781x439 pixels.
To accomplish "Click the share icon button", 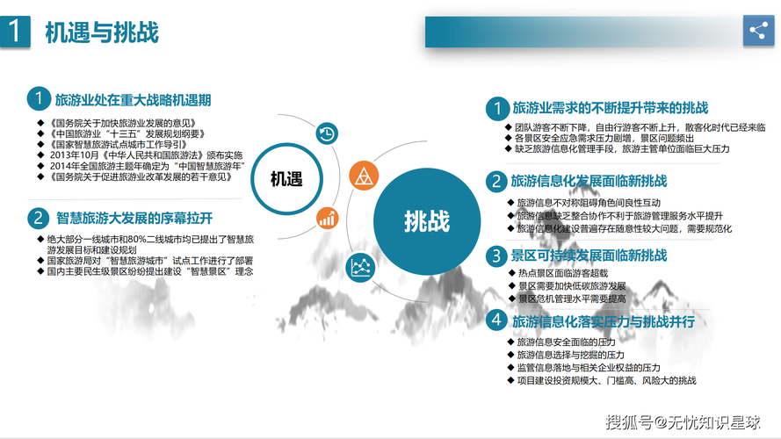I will coord(757,31).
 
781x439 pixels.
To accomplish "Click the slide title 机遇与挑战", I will coord(102,32).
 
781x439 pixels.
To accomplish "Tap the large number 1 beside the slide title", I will coord(15,32).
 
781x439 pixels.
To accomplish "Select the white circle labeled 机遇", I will coord(286,180).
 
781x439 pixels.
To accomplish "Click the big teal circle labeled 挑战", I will coord(427,220).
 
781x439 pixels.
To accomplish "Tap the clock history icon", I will coord(326,133).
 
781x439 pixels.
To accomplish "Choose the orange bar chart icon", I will coord(326,218).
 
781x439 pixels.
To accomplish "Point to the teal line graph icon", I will coord(360,264).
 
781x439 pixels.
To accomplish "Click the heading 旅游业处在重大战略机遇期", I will coord(133,99).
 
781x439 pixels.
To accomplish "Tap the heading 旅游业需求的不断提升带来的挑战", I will coord(610,108).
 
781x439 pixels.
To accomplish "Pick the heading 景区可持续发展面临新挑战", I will coord(589,255).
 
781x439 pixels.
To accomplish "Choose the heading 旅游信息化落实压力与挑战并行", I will coord(604,321).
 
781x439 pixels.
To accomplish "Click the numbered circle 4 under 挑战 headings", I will coord(497,321).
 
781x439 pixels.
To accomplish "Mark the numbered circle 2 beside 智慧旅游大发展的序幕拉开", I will coord(38,218).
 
